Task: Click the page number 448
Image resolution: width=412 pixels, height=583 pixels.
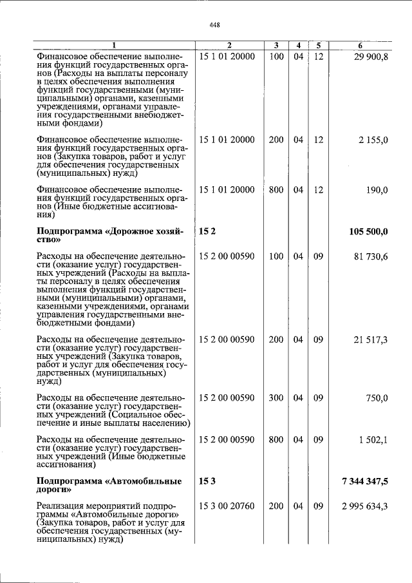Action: pos(215,25)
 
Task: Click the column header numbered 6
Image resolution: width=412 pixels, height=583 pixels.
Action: pos(360,45)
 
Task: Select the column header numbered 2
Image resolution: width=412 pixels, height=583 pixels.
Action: pos(228,45)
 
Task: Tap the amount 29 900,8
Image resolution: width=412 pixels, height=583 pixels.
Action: pos(371,57)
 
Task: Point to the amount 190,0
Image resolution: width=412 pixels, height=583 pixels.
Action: pos(377,189)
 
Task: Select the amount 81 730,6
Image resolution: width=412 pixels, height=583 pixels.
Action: pos(371,256)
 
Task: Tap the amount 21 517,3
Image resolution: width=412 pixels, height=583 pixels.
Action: pos(371,339)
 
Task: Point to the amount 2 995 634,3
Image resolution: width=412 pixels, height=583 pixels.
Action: pos(365,506)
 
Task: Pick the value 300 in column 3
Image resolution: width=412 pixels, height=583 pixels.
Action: pos(276,397)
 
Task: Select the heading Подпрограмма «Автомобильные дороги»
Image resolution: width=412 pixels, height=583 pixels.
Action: pos(109,486)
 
